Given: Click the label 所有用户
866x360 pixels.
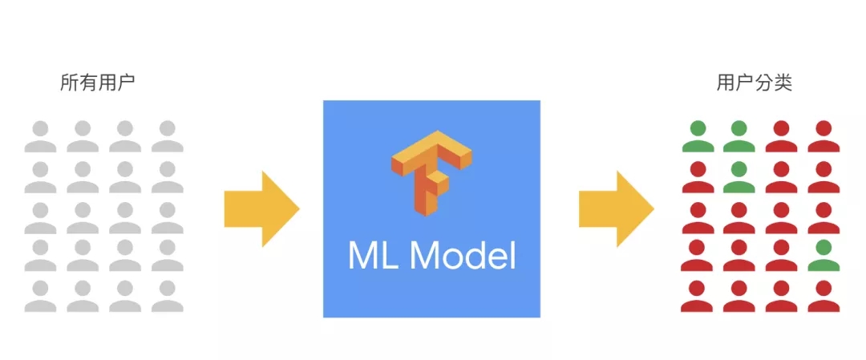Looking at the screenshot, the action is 97,83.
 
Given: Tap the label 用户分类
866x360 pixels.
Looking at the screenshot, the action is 754,83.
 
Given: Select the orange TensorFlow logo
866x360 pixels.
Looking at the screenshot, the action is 431,172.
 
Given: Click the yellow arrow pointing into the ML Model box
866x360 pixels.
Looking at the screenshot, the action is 261,208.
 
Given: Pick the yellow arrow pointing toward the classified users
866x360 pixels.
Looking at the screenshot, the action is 617,208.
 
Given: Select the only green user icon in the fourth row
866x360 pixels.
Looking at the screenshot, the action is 824,256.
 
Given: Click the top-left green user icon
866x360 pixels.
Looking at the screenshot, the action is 698,136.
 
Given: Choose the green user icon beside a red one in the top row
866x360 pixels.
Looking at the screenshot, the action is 739,136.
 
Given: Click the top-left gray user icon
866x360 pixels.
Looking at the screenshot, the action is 40,136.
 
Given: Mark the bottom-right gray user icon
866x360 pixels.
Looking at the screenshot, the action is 168,297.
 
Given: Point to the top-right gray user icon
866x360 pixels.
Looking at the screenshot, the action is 168,136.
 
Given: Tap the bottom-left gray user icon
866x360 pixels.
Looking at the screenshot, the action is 40,297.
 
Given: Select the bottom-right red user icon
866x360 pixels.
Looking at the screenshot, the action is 824,297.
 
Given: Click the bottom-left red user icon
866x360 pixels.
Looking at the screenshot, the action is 698,297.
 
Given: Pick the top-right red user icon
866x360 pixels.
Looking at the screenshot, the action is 824,136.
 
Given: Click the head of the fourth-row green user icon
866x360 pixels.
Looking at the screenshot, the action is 824,248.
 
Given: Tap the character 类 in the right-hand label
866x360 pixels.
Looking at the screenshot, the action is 783,83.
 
